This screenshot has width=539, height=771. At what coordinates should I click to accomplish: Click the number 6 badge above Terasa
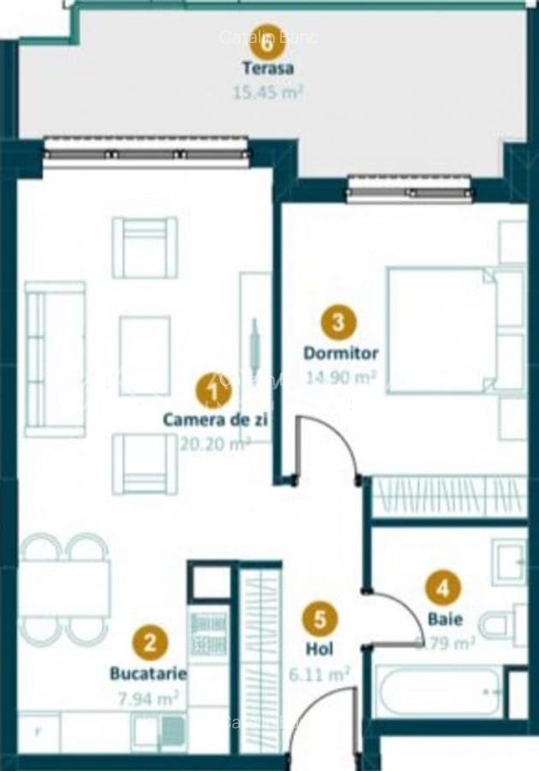tap(268, 39)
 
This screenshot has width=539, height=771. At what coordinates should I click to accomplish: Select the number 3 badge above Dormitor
tap(338, 322)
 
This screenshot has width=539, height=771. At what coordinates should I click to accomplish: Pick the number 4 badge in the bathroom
tap(443, 589)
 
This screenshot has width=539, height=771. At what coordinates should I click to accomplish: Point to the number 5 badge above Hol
tap(320, 619)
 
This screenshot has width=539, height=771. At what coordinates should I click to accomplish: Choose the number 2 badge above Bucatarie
tap(150, 642)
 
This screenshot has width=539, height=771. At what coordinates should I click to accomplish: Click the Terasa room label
tap(268, 69)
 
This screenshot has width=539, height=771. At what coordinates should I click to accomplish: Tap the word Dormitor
tap(340, 353)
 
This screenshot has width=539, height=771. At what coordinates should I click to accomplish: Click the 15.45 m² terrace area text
tap(268, 90)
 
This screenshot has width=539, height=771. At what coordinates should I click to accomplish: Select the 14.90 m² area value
tap(340, 376)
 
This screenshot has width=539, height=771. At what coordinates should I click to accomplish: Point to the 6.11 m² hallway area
tap(320, 673)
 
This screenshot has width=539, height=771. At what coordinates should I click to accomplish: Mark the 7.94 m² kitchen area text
tap(147, 697)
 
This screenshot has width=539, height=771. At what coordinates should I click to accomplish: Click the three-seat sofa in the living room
tap(55, 359)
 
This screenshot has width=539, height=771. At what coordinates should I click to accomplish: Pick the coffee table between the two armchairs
tap(144, 356)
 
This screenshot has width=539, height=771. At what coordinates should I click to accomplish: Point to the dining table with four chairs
tap(64, 589)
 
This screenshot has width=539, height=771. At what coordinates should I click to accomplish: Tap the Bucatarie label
tap(147, 673)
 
